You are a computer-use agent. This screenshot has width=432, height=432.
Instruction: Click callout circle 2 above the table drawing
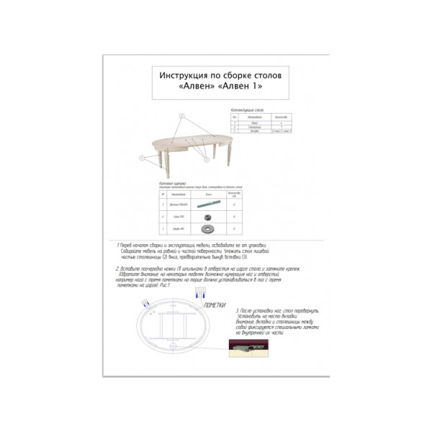coord(183,116)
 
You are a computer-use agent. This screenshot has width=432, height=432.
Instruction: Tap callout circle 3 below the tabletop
coord(204,156)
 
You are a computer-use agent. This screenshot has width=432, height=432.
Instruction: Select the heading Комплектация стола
coord(247,110)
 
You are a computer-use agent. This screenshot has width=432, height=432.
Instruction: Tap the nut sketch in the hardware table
coord(207,217)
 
